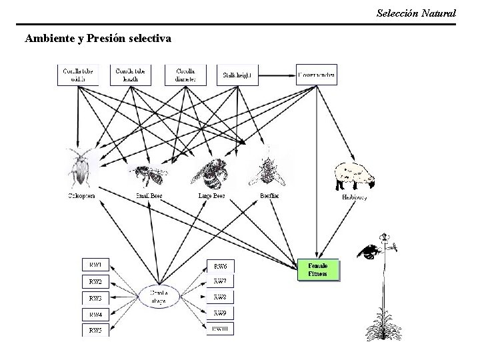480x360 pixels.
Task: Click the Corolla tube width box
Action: (x=79, y=74)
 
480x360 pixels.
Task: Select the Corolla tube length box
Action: (x=131, y=74)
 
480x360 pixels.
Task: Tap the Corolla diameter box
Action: (x=185, y=74)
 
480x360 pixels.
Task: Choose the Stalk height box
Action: (x=238, y=75)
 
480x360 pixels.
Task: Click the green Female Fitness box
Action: (x=318, y=270)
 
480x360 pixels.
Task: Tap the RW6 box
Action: (x=220, y=265)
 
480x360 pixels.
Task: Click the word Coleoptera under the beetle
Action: (x=81, y=196)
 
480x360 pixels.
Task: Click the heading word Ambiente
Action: (x=49, y=39)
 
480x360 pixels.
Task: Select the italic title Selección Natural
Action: (x=416, y=13)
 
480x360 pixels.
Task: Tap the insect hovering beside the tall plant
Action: (x=369, y=250)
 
